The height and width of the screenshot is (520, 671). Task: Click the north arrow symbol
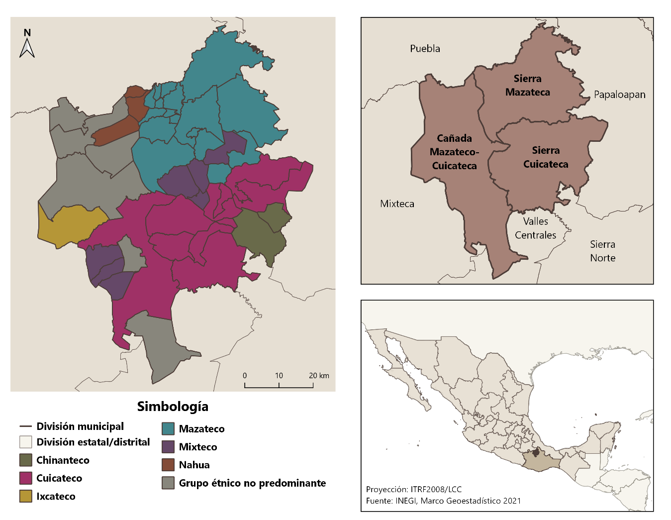tap(27, 44)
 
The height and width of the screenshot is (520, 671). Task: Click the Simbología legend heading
tap(173, 407)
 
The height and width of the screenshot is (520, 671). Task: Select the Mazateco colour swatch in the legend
tap(168, 429)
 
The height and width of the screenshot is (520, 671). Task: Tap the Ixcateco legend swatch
tap(26, 496)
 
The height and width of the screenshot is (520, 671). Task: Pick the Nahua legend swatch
tap(168, 465)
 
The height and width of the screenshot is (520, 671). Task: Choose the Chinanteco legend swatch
tap(26, 460)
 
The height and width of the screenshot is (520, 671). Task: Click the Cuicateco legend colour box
tap(26, 478)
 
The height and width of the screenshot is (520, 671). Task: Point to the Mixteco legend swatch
tap(168, 447)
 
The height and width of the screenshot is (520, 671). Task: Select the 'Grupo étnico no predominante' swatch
tap(168, 483)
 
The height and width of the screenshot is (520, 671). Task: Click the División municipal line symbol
tap(26, 426)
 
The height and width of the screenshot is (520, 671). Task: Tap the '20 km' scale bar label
tap(319, 376)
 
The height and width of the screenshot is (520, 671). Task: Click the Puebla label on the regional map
tap(425, 49)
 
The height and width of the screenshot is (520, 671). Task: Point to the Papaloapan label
tap(619, 95)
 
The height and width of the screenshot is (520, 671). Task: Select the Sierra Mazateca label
tap(528, 86)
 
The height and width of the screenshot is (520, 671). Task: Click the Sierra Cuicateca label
tap(546, 157)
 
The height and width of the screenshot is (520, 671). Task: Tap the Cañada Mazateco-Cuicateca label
tap(454, 152)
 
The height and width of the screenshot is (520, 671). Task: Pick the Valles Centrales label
tap(535, 228)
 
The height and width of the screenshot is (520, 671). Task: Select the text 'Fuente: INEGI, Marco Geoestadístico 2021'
tap(443, 501)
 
